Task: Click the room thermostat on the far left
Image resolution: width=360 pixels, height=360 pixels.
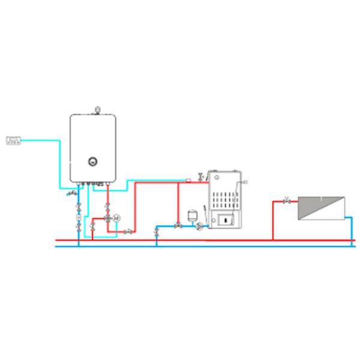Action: click(13, 141)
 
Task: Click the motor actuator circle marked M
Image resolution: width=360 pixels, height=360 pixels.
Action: click(117, 217)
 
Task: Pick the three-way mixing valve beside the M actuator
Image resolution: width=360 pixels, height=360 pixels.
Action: click(107, 217)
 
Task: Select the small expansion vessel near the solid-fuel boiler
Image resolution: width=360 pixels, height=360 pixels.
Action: click(193, 213)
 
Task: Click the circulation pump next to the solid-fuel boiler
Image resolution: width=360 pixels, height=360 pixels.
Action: click(200, 226)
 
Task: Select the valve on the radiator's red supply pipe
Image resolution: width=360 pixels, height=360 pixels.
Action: click(287, 202)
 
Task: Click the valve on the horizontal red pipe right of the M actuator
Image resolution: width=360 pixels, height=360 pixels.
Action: click(128, 232)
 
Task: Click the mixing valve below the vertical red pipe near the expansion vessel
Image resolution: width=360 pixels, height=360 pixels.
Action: click(178, 226)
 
